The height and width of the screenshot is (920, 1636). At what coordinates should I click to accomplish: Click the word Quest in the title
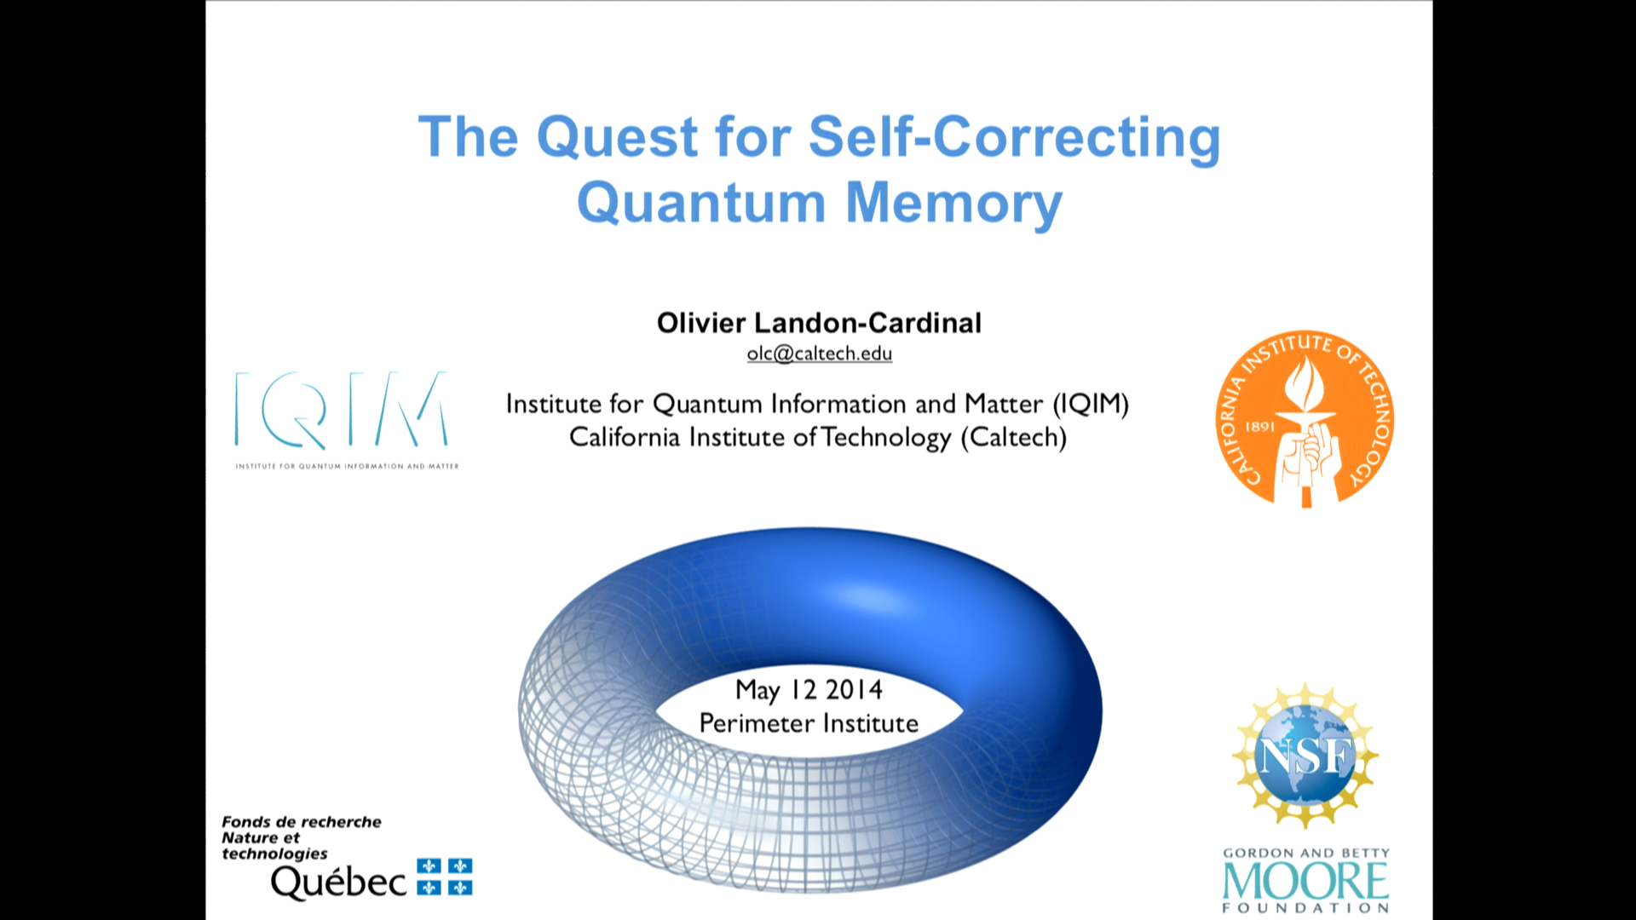[618, 137]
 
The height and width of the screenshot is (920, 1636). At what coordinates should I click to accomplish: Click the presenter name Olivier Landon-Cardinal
[819, 323]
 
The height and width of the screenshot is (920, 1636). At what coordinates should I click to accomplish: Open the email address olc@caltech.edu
[820, 354]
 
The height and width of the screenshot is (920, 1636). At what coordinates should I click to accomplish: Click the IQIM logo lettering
[342, 410]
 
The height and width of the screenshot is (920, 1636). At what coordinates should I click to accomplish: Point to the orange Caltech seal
[1305, 419]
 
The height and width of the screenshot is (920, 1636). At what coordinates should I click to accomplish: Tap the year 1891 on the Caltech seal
[1260, 427]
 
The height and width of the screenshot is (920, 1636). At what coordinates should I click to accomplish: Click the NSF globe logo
[1305, 755]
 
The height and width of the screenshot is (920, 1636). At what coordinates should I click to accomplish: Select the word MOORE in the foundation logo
[1306, 881]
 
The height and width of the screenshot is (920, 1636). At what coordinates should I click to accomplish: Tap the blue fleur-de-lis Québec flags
[445, 877]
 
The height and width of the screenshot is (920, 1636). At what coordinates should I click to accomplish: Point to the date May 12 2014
[809, 690]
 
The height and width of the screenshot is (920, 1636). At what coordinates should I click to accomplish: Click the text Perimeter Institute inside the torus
[809, 723]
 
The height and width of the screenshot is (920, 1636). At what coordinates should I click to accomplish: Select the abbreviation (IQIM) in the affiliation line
[1091, 404]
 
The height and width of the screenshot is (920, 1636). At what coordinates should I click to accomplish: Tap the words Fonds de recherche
[302, 822]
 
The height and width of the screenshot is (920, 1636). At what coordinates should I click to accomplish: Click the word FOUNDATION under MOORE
[1306, 908]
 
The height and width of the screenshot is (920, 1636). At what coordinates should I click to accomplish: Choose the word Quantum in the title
[702, 204]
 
